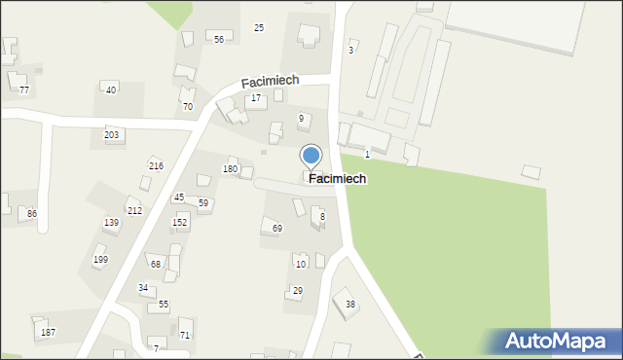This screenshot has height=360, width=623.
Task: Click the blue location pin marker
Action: point(311,156)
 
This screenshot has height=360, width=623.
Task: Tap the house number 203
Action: point(112,134)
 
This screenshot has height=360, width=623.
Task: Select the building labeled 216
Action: point(156,165)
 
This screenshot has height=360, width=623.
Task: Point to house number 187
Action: point(47,332)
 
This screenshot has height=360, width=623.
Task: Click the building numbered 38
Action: point(349,305)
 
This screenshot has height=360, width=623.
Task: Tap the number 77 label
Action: point(24,90)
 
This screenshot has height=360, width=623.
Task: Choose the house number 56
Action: point(219,39)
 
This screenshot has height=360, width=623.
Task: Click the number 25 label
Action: point(259,27)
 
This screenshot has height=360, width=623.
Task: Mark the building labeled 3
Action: point(350,49)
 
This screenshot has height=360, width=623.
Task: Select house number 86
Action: point(32,213)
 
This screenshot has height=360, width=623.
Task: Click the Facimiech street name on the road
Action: point(270,82)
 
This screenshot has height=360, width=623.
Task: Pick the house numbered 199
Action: point(100,260)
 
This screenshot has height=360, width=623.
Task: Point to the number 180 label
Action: point(230,169)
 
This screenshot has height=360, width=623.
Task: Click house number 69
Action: point(277,228)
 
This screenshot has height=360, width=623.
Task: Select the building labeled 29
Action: point(297,291)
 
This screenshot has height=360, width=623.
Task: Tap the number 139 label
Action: point(112,223)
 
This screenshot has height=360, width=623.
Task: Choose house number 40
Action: point(111,90)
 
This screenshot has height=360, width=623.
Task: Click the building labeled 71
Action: point(185,335)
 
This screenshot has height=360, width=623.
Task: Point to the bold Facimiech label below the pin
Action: point(338,179)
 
